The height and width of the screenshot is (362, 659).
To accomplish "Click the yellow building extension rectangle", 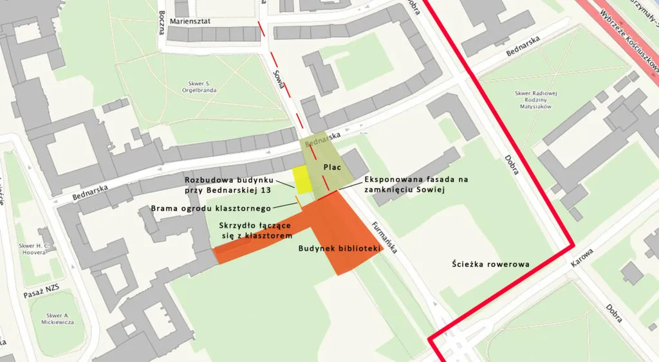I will (x=302, y=179).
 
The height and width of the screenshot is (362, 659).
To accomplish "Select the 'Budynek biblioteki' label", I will (x=337, y=248).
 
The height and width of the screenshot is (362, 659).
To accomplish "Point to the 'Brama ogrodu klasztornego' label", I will (x=212, y=208).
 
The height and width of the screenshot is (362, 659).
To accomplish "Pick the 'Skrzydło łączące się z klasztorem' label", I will (x=255, y=231).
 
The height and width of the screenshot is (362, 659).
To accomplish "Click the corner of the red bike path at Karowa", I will (x=571, y=245).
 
